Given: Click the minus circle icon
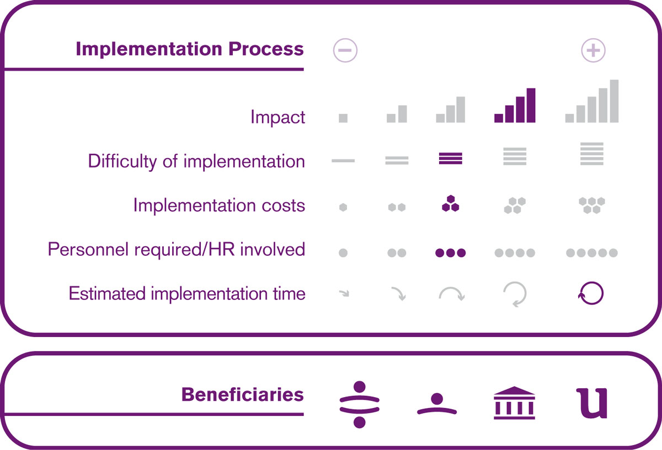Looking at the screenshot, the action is coord(345,50).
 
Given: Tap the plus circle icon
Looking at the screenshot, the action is coord(593,50).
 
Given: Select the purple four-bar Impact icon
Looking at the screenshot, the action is coord(515,105).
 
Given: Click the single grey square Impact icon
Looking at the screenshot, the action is coord(343,118).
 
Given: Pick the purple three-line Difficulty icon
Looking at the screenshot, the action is coord(450,158).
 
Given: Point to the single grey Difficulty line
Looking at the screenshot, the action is coord(343,160).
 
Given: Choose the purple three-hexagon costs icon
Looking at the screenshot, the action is coord(450,203).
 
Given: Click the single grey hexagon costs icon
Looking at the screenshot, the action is coord(343,207).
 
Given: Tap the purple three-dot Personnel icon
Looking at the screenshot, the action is coord(450,253).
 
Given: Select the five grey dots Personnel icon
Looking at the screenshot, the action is coord(591,253).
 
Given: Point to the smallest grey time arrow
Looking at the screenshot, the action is coord(344,293).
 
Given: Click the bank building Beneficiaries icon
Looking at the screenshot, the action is coord(514,403).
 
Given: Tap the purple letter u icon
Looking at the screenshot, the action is coord(592,403).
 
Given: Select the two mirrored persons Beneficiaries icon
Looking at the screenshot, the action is coord(359,404).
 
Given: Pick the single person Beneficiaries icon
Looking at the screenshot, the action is coord(437,404).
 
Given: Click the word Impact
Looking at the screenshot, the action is coord(277,117).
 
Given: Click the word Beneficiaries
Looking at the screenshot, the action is coord(242,394).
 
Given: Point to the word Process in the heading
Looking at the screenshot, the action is coord(266,49).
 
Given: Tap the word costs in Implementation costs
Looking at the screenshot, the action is coord(283,205).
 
